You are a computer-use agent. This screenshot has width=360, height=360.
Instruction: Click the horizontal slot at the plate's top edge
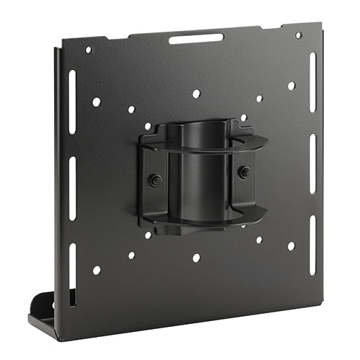click(x=197, y=37)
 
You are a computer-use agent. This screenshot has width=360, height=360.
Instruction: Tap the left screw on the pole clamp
click(x=153, y=180)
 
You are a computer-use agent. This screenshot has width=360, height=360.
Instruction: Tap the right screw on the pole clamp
click(x=245, y=171)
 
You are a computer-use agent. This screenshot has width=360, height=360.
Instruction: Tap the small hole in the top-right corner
click(x=298, y=35)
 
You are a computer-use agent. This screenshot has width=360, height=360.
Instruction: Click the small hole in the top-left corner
click(x=89, y=50)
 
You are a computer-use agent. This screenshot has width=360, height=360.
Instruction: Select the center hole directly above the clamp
click(x=196, y=94)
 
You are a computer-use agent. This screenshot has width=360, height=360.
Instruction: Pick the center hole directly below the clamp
click(x=196, y=257)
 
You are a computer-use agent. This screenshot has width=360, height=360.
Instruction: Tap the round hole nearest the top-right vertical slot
click(x=291, y=86)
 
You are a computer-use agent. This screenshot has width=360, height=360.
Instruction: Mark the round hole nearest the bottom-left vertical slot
click(x=96, y=270)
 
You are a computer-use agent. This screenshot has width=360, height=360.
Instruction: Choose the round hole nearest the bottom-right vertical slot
click(x=291, y=246)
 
